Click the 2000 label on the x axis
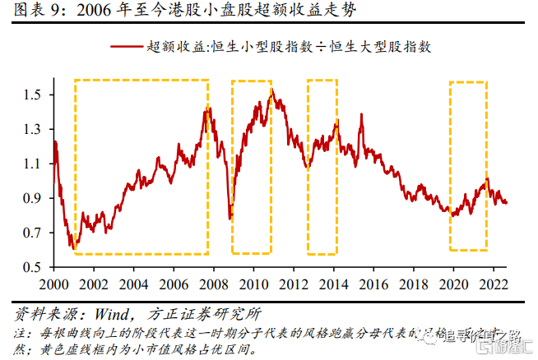tap(53, 284)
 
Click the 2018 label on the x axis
tap(415, 284)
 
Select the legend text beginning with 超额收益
tap(289, 47)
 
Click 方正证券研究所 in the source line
tap(194, 315)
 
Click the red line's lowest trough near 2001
tap(73, 247)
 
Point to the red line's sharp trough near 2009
tap(230, 218)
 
